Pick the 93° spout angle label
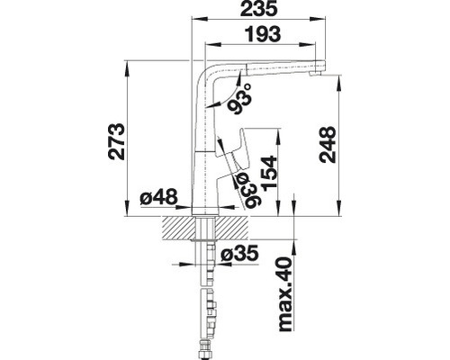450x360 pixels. coord(238,101)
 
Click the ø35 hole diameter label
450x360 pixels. coord(238,252)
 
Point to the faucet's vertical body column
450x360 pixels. coord(206,153)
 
